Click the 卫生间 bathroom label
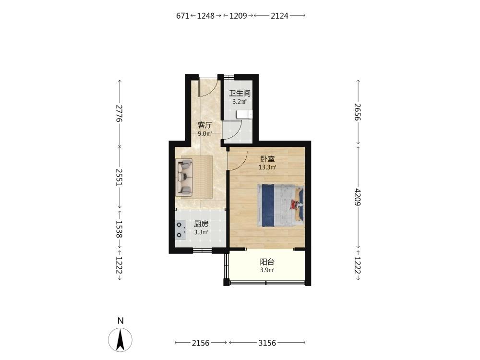coord(240,93)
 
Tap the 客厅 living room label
coord(205,125)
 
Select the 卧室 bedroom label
coord(267,159)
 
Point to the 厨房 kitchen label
coord(201,224)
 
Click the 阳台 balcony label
coord(267,262)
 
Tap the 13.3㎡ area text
coord(267,168)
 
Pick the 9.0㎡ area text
coord(205,134)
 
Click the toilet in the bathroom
coord(244,114)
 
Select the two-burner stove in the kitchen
coord(180,230)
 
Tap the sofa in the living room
coord(184,177)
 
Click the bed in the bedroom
coord(281,205)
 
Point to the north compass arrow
coord(120,340)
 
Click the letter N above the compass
coord(120,321)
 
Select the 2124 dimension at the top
coord(279,16)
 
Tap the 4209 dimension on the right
coord(358,197)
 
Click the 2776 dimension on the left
coord(120,113)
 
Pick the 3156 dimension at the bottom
coord(267,343)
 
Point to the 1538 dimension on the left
coord(120,229)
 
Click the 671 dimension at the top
coord(183,16)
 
